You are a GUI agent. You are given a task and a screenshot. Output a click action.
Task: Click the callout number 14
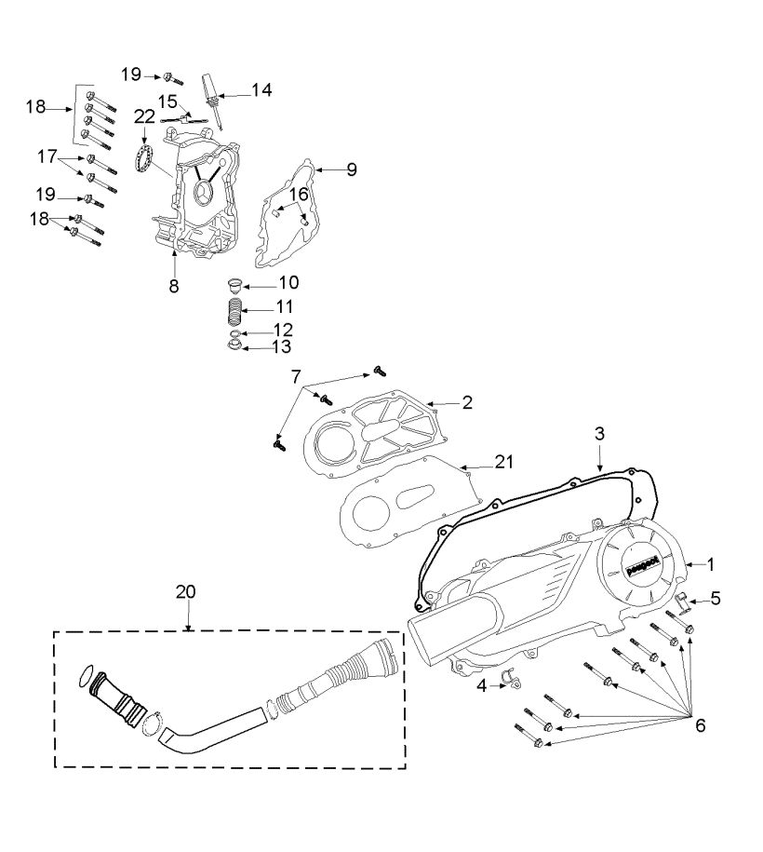pyautogui.click(x=261, y=90)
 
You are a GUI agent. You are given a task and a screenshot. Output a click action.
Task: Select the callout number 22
pyautogui.click(x=144, y=116)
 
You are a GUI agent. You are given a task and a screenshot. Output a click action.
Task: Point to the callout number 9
pyautogui.click(x=352, y=169)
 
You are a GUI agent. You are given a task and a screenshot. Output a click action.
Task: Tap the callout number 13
pyautogui.click(x=281, y=346)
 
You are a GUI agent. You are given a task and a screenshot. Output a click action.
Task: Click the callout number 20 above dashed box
pyautogui.click(x=186, y=591)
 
